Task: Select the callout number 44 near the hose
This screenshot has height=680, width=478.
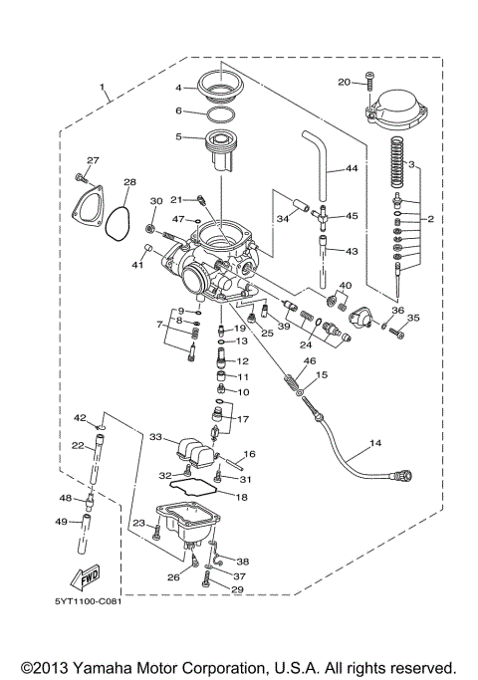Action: (351, 168)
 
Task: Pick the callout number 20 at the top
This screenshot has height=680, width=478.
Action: (345, 82)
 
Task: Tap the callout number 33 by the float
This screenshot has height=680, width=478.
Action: (154, 436)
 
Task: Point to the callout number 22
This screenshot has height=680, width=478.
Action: (77, 447)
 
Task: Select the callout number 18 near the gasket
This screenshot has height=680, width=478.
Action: (242, 496)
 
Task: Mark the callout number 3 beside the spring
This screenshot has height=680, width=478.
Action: (409, 164)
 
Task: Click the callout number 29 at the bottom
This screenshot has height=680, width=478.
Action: (237, 590)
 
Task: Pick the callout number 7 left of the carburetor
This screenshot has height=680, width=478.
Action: (159, 325)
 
